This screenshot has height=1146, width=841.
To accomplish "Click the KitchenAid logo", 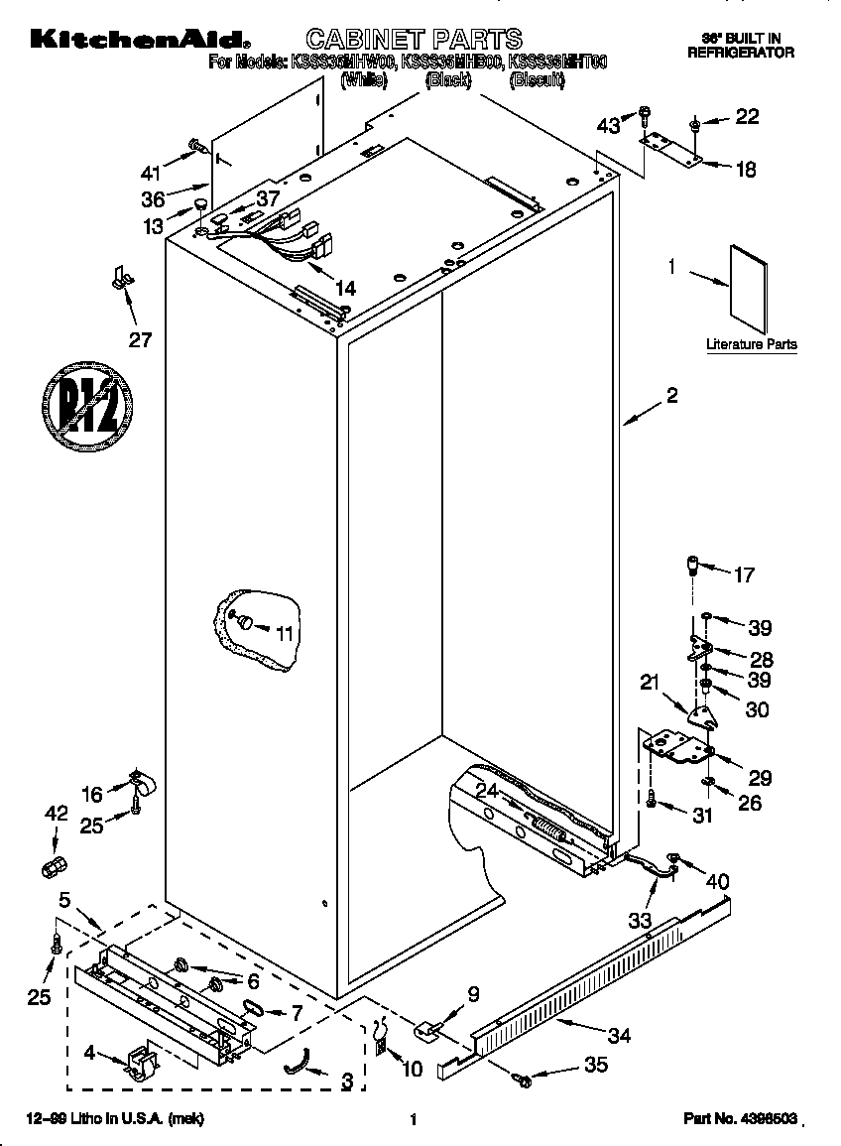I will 138,40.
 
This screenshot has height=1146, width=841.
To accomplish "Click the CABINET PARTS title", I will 414,39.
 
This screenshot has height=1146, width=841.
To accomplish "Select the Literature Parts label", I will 751,344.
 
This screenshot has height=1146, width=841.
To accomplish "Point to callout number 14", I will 344,289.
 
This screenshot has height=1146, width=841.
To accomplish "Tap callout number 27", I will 141,339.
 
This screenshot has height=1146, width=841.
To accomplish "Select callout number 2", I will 671,396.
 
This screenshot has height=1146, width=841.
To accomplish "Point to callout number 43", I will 607,125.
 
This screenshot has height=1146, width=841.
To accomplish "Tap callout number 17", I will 743,573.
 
